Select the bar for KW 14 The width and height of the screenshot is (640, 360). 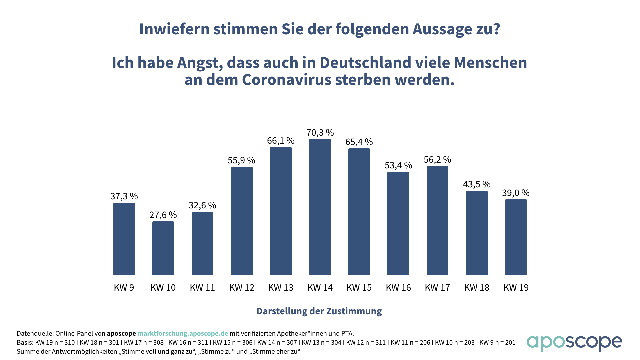(x=320, y=207)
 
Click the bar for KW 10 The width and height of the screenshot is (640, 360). (x=163, y=248)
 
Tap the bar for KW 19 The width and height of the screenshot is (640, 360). (x=516, y=237)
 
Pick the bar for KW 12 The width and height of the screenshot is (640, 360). (x=242, y=221)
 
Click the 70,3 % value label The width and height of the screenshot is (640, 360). (x=320, y=133)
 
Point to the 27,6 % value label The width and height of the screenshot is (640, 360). (x=163, y=215)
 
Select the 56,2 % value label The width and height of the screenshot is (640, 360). (x=437, y=160)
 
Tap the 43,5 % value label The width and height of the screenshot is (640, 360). (x=477, y=184)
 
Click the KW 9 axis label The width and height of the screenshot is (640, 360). (x=124, y=287)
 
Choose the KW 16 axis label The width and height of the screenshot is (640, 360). (x=398, y=287)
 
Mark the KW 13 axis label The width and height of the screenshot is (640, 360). (x=281, y=287)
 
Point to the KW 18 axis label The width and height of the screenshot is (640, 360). (x=477, y=287)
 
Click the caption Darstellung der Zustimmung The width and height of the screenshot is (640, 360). (x=319, y=311)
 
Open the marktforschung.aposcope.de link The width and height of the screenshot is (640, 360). (x=183, y=333)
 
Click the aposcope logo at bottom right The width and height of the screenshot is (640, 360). (x=574, y=343)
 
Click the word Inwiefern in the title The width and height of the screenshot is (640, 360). (x=175, y=29)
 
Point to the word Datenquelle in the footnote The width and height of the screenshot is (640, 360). (x=35, y=333)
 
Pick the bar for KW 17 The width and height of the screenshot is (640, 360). (x=437, y=220)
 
